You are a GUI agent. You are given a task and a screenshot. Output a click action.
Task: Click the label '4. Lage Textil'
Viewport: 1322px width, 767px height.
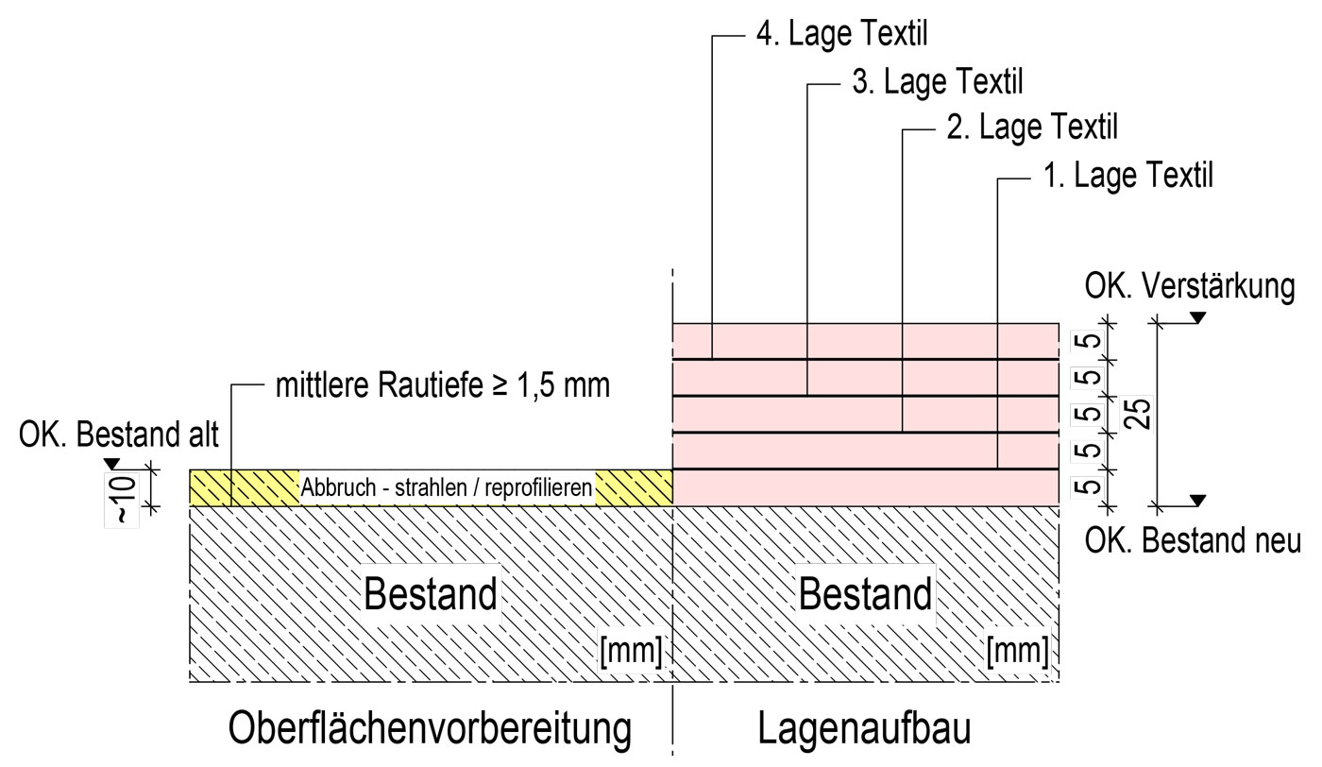[842, 34]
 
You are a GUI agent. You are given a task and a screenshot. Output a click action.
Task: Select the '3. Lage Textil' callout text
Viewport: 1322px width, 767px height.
[938, 81]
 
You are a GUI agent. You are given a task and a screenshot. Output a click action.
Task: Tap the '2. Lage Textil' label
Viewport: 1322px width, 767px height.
[1032, 128]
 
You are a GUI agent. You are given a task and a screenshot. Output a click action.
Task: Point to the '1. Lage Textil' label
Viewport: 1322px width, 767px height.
[1128, 176]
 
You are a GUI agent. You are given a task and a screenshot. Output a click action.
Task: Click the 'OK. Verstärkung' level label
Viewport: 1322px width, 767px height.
[1190, 286]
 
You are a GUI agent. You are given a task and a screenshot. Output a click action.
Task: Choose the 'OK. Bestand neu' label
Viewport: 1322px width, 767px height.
[1193, 540]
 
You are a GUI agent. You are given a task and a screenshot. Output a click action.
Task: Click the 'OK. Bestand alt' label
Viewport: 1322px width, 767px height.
[119, 435]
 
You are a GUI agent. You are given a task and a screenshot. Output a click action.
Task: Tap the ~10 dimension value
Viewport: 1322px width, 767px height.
[123, 499]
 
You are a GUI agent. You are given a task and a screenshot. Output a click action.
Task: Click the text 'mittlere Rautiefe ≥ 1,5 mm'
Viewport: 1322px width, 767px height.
[443, 385]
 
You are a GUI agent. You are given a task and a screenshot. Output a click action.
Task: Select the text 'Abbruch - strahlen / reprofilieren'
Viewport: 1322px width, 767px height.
[446, 487]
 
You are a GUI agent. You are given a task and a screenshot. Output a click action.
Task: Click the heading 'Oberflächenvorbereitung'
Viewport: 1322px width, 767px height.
[430, 729]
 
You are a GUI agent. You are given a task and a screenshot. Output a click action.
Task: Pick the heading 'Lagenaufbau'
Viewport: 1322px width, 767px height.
[864, 729]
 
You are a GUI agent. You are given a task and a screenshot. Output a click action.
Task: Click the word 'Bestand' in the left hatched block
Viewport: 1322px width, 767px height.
[431, 593]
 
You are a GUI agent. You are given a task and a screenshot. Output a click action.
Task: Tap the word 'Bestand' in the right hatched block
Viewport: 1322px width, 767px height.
[865, 593]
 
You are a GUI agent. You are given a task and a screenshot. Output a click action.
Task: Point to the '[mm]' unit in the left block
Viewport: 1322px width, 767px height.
[631, 652]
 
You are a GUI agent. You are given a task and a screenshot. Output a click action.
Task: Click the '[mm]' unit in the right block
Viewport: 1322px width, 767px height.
[1018, 652]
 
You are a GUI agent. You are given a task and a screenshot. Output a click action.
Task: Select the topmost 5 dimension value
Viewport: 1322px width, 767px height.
[1092, 341]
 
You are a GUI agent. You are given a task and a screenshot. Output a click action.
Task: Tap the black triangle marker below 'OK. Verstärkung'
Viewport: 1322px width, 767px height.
[1197, 317]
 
